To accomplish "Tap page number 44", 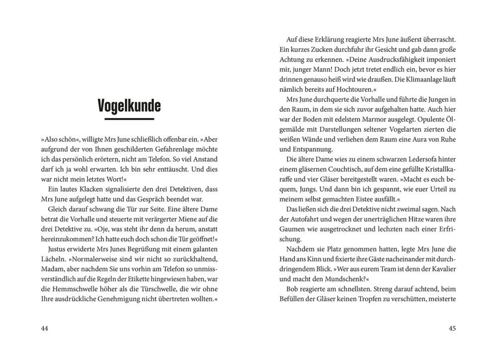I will [x=45, y=328].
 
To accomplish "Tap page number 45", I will [x=452, y=328].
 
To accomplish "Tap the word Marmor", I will [x=388, y=120].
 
